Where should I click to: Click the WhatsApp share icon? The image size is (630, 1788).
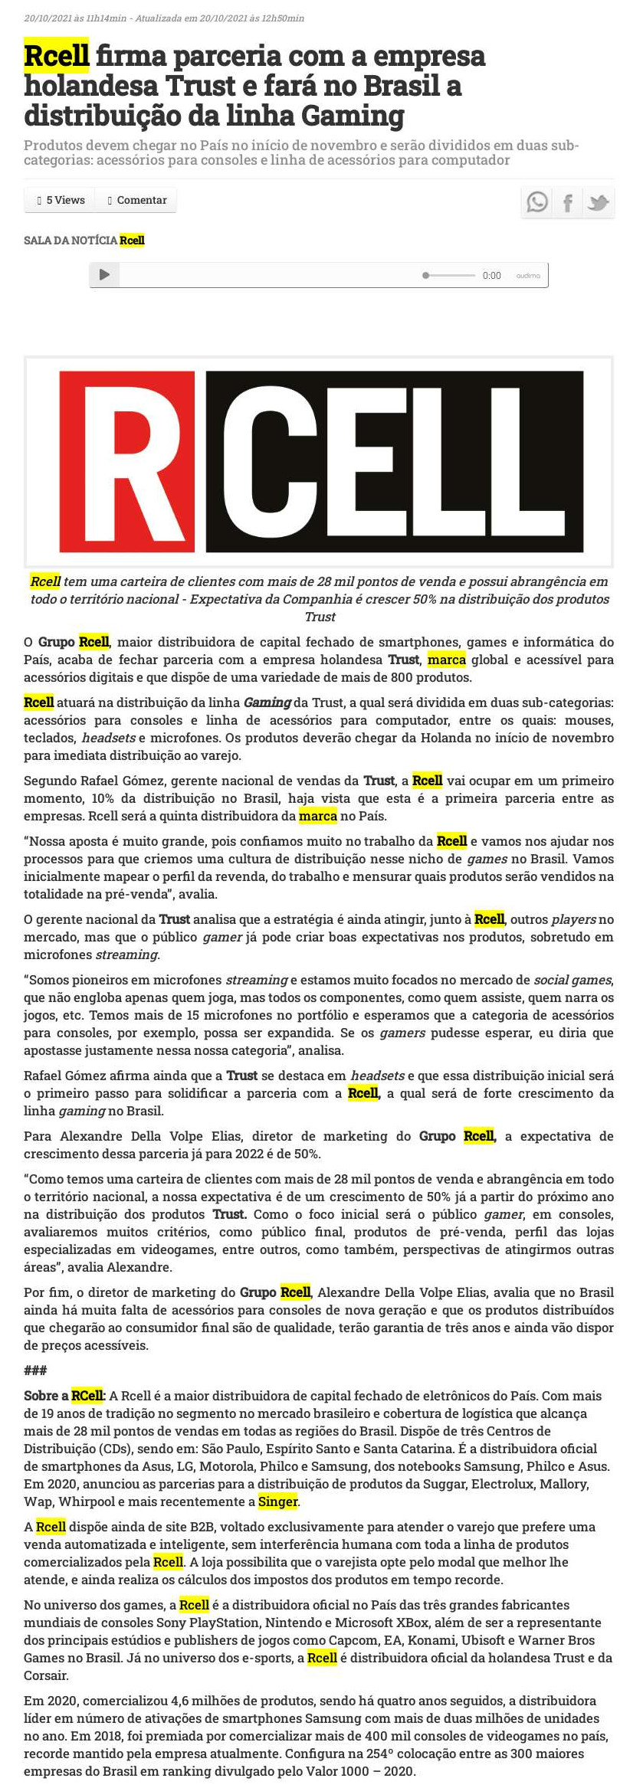[x=537, y=202]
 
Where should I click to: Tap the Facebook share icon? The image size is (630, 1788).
[x=568, y=202]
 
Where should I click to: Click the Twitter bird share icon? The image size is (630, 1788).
[x=598, y=202]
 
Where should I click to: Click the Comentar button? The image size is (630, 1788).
[x=137, y=200]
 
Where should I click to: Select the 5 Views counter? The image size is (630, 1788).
[x=61, y=200]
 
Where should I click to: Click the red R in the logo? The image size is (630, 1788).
[x=126, y=461]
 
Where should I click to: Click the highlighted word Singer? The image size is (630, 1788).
[x=278, y=1501]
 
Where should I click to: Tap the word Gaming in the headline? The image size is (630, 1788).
[x=352, y=116]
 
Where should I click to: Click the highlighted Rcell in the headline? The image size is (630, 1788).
[x=57, y=56]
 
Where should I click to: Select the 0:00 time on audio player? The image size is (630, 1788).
[x=491, y=276]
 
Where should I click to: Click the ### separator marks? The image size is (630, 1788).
[x=35, y=1370]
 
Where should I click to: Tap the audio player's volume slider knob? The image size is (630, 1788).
[x=426, y=275]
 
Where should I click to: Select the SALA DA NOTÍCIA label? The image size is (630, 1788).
[x=71, y=241]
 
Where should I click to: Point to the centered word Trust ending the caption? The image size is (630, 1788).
[x=320, y=617]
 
